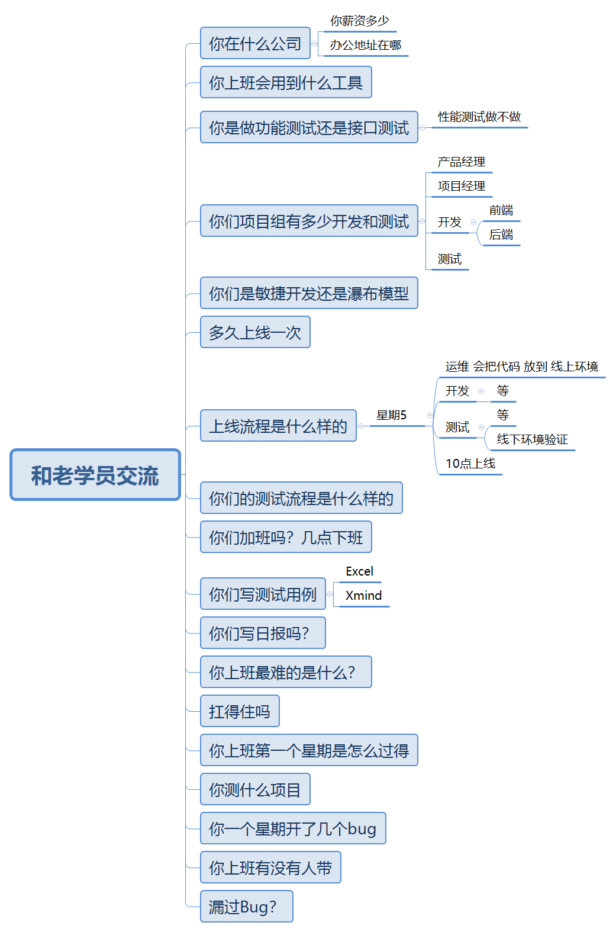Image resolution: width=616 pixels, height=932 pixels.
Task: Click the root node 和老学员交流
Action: point(95,475)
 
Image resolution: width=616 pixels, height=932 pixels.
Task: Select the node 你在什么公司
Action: point(255,43)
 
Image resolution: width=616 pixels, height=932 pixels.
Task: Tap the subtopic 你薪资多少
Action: point(359,21)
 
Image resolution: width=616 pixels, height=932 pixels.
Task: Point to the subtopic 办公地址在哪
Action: point(365,46)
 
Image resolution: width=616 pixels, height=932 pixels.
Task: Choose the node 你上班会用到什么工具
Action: point(286,82)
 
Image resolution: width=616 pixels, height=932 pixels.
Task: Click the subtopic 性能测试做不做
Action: point(479,117)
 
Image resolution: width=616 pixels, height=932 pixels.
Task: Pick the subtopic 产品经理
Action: point(461,162)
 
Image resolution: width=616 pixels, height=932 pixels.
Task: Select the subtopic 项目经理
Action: point(461,187)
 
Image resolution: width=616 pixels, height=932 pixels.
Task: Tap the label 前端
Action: point(501,211)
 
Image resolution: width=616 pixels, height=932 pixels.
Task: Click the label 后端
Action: point(501,235)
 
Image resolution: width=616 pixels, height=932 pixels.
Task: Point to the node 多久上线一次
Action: point(255,332)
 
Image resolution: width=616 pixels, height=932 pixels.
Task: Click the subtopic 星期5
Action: point(391,416)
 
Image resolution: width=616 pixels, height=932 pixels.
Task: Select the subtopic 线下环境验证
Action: point(532,439)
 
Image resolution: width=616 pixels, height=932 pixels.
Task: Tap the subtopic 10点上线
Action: point(470,464)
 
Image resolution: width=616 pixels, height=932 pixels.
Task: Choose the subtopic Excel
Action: point(359,571)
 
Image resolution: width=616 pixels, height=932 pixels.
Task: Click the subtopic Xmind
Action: point(363,596)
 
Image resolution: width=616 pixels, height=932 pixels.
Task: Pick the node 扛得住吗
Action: point(240,711)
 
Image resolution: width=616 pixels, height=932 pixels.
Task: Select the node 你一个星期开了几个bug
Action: point(293,828)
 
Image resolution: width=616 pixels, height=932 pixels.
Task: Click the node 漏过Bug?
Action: point(246,907)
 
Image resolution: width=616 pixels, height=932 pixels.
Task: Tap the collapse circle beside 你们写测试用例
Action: point(330,594)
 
